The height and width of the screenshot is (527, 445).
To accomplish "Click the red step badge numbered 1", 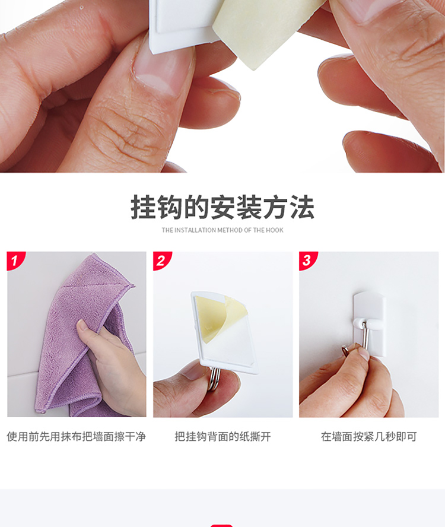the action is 15,260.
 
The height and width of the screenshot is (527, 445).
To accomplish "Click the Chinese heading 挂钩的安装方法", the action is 223,207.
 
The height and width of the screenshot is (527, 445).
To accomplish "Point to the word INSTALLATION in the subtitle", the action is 195,230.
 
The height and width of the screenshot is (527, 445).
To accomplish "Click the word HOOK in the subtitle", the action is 275,230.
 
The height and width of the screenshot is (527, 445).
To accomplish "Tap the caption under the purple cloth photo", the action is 77,437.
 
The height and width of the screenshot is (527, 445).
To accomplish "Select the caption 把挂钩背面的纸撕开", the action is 223,437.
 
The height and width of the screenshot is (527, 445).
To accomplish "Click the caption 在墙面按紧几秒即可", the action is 368,437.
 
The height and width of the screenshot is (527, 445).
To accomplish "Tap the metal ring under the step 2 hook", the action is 213,378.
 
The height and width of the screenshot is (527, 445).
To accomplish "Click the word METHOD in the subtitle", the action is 230,230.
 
